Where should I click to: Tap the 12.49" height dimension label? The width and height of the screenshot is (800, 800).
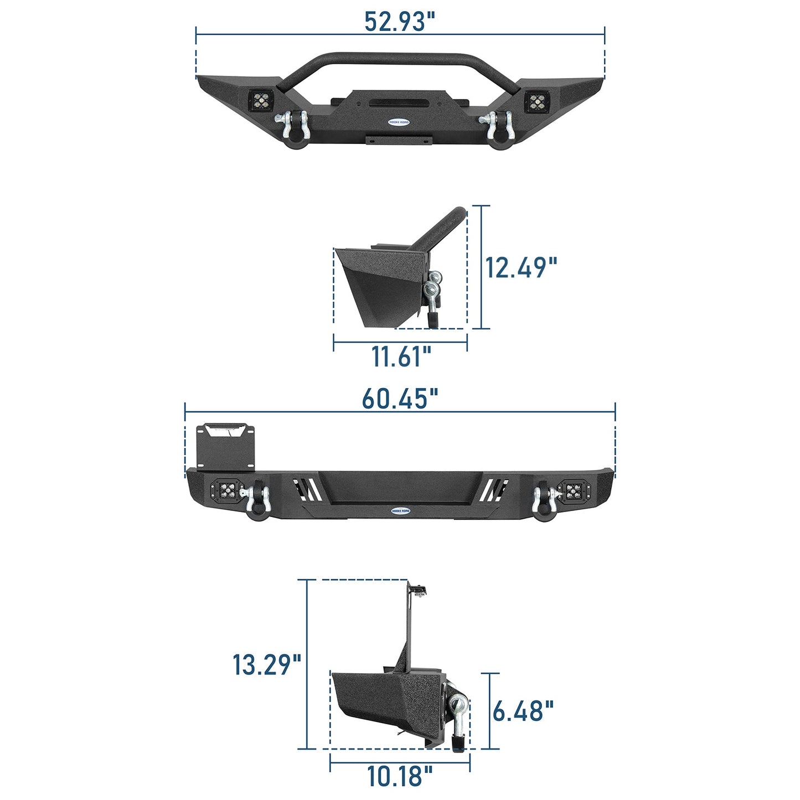[520, 267]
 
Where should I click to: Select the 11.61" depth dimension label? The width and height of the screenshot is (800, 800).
[400, 356]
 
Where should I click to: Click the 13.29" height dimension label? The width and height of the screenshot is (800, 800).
[266, 664]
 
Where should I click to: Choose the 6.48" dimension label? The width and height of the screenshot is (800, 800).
[523, 711]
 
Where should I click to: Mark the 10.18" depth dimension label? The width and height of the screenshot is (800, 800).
[400, 776]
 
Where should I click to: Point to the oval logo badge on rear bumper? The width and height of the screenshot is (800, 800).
[400, 510]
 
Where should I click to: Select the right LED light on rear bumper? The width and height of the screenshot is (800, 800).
[574, 490]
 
